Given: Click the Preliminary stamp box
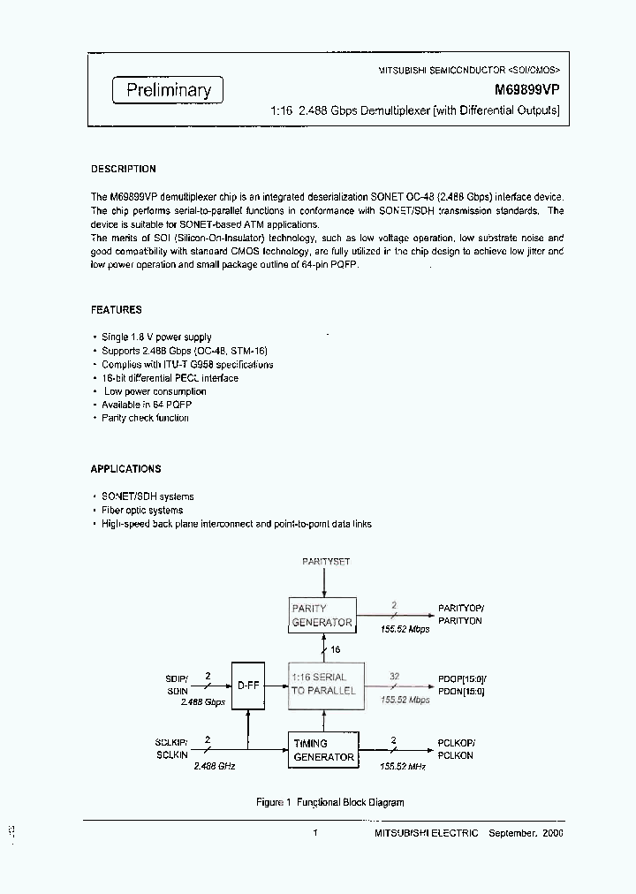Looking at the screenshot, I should [x=168, y=89].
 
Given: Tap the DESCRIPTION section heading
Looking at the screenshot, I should [x=124, y=169].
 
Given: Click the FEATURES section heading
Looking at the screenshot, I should [x=117, y=310].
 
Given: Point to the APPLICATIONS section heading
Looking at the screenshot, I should [x=126, y=469].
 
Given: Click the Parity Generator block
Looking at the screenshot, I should [x=322, y=615].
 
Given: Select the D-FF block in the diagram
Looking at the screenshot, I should [x=247, y=683].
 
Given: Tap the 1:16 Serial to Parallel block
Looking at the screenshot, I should [x=322, y=683].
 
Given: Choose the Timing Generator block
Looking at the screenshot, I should [x=322, y=750].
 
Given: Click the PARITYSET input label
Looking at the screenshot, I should [x=326, y=562].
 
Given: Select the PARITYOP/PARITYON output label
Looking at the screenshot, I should [x=461, y=616].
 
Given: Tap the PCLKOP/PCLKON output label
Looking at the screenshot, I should [x=456, y=750].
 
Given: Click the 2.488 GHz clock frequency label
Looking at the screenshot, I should [x=214, y=767].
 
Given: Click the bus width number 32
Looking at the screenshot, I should [x=395, y=676].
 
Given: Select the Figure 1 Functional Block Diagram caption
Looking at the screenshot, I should [x=329, y=802].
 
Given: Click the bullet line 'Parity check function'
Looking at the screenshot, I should [x=145, y=418].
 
